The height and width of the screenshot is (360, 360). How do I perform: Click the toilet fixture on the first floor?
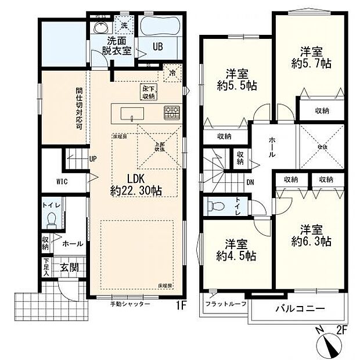[x=51, y=219]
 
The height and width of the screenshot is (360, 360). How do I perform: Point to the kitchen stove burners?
[x=171, y=112]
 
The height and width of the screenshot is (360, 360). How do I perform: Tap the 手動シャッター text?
[x=131, y=304]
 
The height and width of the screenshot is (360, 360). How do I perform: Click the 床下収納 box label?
[x=148, y=92]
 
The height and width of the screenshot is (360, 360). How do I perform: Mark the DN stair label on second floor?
[x=250, y=183]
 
